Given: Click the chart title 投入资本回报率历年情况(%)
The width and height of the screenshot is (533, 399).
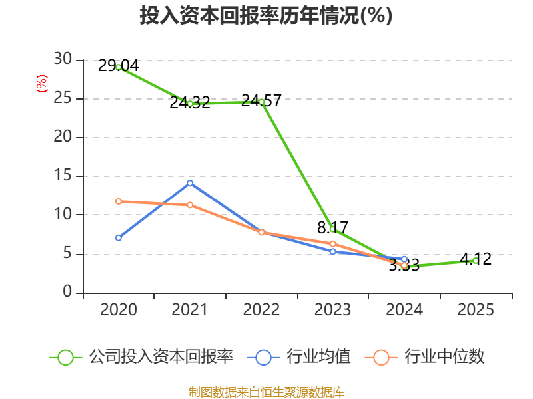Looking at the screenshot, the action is tap(266, 15).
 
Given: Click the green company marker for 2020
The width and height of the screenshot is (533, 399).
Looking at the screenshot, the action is tap(119, 68).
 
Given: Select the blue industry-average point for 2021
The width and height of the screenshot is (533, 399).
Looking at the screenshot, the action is tap(190, 184).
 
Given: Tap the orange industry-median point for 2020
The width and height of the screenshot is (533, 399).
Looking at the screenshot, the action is tap(119, 201).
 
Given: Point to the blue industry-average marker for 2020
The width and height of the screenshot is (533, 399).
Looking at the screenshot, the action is tap(119, 238).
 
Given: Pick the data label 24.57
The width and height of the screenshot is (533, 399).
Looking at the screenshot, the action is tap(261, 101).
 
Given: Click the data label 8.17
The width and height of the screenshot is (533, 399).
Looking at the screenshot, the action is tap(332, 227).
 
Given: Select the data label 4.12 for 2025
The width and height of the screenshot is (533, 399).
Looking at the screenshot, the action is tap(476, 259).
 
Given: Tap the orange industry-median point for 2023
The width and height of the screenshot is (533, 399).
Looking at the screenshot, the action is tap(332, 244).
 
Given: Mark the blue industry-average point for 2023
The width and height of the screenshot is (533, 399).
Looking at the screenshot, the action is tap(332, 252).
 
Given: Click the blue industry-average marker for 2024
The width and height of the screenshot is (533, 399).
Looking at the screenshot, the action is tap(404, 259).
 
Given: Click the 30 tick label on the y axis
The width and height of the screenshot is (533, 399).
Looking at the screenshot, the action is tap(63, 59).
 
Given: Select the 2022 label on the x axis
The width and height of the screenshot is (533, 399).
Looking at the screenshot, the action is tap(261, 309).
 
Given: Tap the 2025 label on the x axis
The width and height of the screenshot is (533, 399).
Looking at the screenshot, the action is tap(476, 309).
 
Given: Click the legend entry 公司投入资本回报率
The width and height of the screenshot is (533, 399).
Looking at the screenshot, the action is tap(141, 357).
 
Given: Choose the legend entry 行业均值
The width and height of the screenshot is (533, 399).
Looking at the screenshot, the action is tap(298, 357).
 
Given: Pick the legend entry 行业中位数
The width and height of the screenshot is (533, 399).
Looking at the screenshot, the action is tap(424, 357).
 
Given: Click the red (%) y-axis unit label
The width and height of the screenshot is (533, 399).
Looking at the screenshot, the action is tap(42, 84).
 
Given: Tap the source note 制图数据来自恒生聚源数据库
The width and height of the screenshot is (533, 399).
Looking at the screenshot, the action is tap(266, 392).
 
